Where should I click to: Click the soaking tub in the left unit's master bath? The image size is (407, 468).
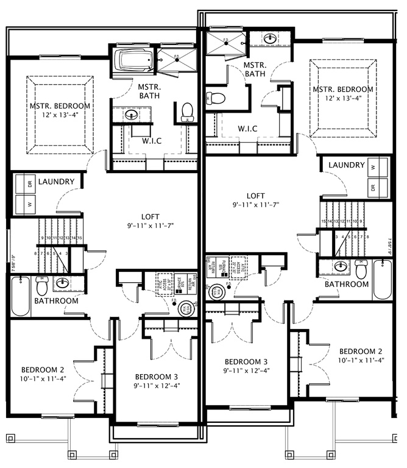click(x=134, y=61)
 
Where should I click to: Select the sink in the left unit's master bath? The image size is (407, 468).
click(x=131, y=114)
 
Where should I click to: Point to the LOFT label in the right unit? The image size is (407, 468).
click(x=255, y=196)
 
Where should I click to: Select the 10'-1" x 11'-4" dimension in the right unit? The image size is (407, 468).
click(x=361, y=360)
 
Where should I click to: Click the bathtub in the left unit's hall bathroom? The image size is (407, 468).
click(x=20, y=296)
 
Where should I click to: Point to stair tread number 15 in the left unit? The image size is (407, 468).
click(x=80, y=238)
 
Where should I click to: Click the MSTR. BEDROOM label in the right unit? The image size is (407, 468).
click(x=343, y=90)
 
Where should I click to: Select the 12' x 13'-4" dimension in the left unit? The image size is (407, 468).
click(x=60, y=115)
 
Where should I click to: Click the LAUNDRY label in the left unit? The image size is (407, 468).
click(x=56, y=182)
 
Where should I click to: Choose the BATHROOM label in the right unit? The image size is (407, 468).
click(x=347, y=284)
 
